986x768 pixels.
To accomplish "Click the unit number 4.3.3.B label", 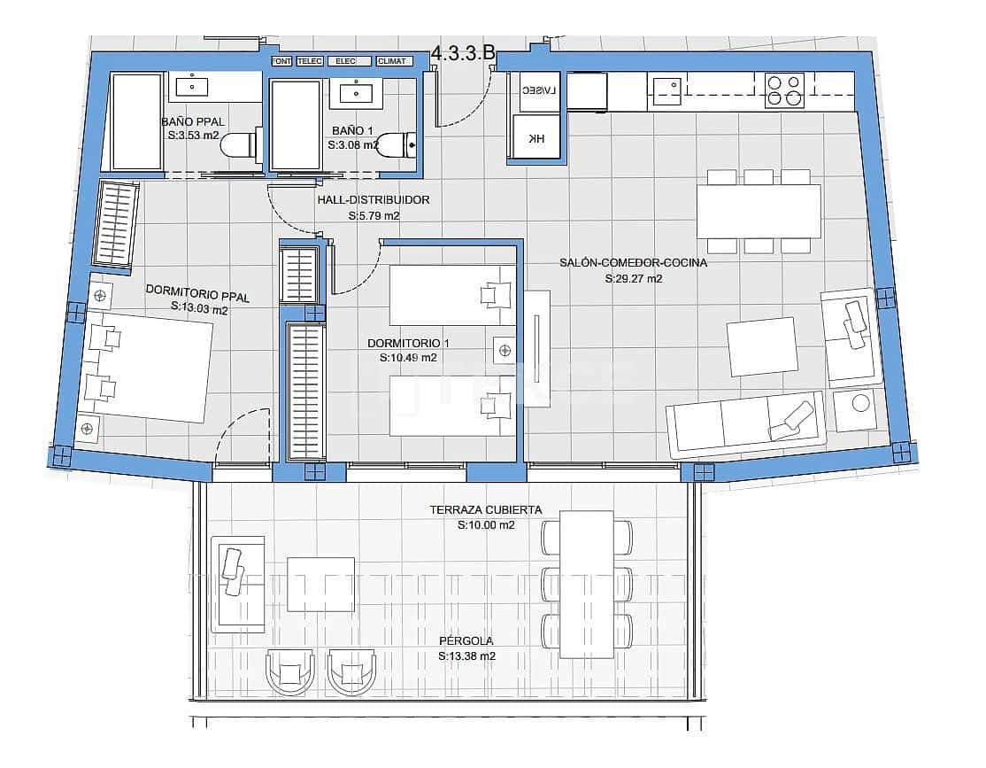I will pyautogui.click(x=463, y=53).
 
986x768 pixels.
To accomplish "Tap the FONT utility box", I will pyautogui.click(x=282, y=61).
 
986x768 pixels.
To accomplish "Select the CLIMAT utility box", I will pyautogui.click(x=392, y=61).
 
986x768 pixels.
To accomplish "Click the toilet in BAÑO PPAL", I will pyautogui.click(x=236, y=145).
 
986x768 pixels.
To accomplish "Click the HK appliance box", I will pyautogui.click(x=536, y=138).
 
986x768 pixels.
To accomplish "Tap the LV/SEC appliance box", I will pyautogui.click(x=535, y=92).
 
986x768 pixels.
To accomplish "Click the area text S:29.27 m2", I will pyautogui.click(x=634, y=278).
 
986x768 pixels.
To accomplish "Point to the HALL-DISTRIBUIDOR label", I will pyautogui.click(x=374, y=200).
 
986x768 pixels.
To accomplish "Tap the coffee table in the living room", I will pyautogui.click(x=762, y=346).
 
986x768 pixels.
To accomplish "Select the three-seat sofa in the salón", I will pyautogui.click(x=746, y=423).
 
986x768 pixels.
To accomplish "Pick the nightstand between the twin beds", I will pyautogui.click(x=504, y=351).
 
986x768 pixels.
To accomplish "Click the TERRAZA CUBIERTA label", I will pyautogui.click(x=486, y=510).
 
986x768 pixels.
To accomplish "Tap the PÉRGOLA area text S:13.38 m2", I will pyautogui.click(x=466, y=656).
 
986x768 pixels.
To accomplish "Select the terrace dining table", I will pyautogui.click(x=587, y=584).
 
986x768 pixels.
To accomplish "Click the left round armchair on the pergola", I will pyautogui.click(x=290, y=671).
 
